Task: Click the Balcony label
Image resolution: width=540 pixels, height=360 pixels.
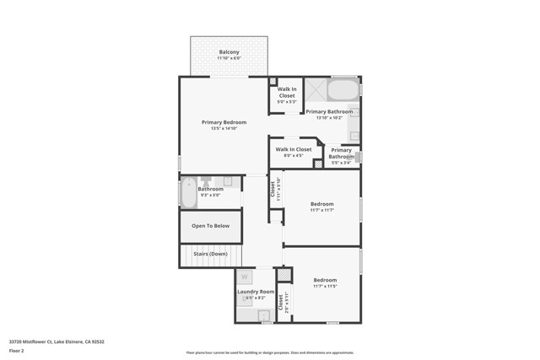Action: click(229, 52)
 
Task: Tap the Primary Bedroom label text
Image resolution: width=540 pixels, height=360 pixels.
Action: click(224, 122)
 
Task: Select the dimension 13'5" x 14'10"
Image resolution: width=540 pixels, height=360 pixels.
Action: click(224, 128)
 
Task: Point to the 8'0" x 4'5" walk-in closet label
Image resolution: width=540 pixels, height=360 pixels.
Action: click(293, 149)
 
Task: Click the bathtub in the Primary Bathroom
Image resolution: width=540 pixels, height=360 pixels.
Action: click(342, 89)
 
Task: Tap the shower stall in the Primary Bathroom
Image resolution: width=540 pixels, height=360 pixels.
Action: click(316, 89)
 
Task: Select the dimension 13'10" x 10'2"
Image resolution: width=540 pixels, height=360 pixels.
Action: click(329, 117)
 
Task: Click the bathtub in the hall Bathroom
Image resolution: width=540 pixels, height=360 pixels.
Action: click(188, 194)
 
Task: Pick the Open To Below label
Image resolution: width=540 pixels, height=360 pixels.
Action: click(210, 226)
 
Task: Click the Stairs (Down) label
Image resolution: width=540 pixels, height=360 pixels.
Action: click(209, 253)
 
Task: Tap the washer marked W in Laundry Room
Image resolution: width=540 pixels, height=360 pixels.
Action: click(245, 276)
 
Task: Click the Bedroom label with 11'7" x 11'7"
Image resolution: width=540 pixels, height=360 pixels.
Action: click(321, 204)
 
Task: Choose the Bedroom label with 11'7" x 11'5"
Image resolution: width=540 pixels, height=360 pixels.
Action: click(325, 280)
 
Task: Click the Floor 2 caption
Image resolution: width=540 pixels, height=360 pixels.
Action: click(16, 350)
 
